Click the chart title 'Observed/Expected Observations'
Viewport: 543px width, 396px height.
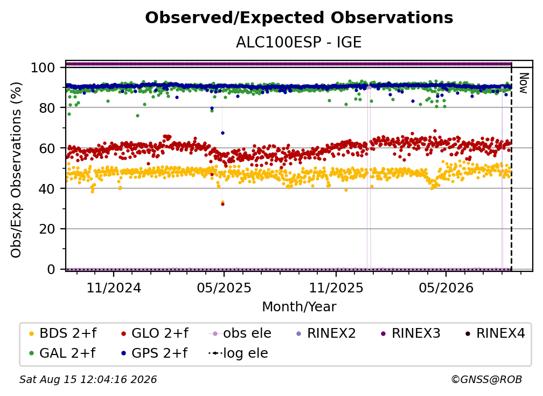pos(299,18)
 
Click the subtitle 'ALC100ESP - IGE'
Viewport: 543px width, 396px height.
pos(299,43)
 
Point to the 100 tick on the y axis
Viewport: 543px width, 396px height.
pos(43,67)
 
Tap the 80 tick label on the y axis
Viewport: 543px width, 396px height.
pos(47,108)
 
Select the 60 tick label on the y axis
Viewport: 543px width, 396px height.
pos(47,148)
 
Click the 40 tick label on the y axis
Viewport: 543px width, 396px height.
pos(47,189)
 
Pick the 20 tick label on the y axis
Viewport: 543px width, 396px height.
pos(47,229)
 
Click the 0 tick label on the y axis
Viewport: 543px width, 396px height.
pos(51,269)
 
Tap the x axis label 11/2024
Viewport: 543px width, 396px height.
pos(114,288)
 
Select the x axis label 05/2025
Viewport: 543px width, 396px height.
pos(224,288)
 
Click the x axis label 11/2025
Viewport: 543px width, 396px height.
pos(336,288)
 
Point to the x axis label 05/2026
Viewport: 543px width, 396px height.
pos(446,288)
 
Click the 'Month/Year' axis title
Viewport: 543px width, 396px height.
pos(299,307)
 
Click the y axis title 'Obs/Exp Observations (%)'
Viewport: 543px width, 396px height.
pos(16,169)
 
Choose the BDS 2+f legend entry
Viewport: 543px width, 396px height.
pos(62,333)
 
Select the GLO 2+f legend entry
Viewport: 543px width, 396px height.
pos(155,333)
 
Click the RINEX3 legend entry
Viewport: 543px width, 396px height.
pos(410,333)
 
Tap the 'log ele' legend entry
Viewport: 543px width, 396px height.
pos(238,353)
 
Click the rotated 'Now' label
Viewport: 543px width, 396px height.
pos(524,83)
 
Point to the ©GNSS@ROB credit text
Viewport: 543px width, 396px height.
pos(486,380)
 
